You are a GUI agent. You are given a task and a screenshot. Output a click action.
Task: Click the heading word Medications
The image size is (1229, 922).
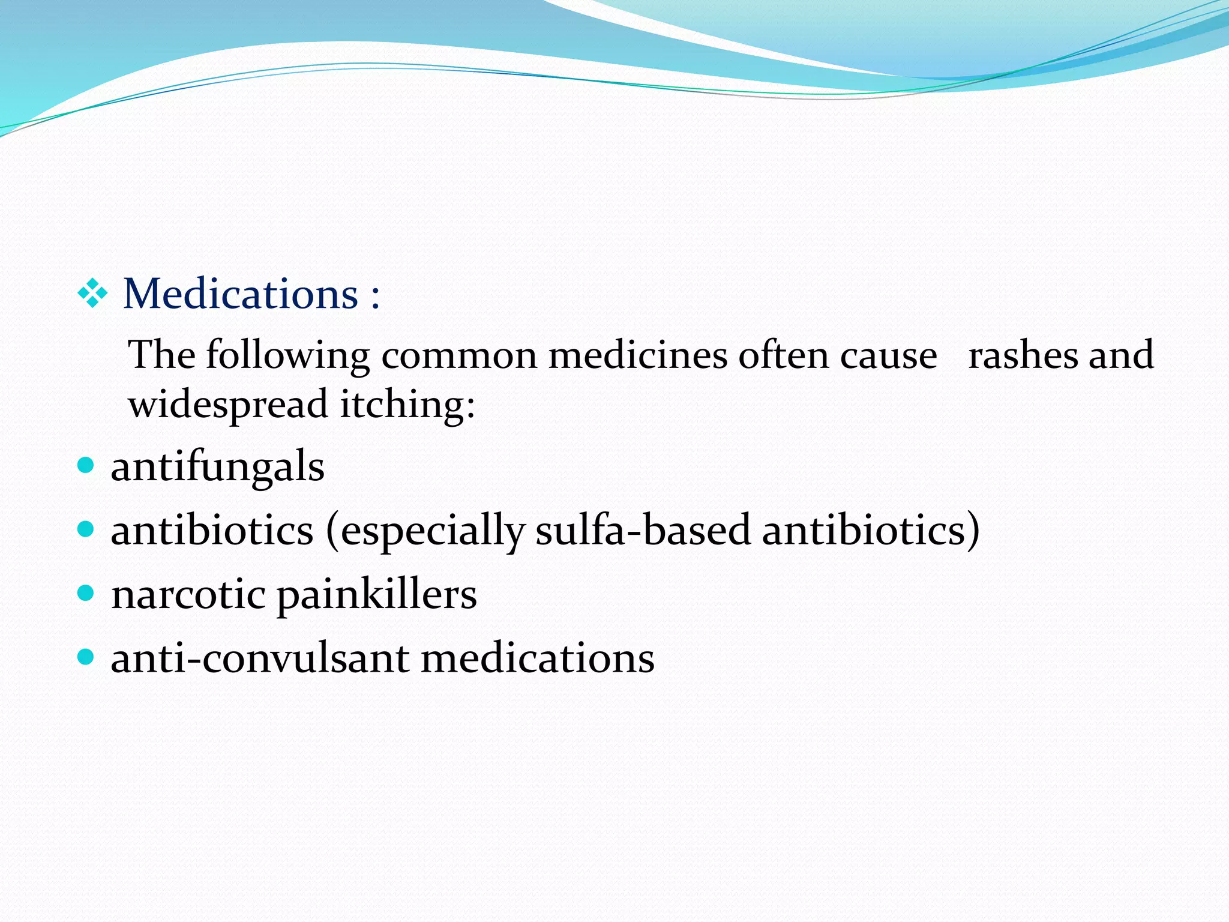click(241, 294)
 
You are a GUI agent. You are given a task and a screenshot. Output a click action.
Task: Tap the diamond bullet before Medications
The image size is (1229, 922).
click(93, 294)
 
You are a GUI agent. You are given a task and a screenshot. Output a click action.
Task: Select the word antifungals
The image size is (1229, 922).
click(217, 466)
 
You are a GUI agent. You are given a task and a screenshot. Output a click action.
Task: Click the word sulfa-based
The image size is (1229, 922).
click(643, 530)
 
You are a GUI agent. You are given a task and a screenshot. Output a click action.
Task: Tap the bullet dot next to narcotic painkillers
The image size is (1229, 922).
click(86, 593)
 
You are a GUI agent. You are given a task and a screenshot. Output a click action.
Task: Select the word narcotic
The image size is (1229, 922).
click(188, 595)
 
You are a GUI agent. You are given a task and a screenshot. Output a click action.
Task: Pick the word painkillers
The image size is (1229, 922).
click(376, 595)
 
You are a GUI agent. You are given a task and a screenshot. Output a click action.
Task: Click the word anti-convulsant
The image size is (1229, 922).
click(259, 658)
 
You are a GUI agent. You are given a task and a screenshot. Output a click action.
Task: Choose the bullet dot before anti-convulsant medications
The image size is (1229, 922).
click(86, 657)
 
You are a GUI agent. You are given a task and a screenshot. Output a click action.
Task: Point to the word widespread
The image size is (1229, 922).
click(228, 404)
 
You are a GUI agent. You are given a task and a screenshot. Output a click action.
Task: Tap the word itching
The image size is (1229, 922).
click(407, 404)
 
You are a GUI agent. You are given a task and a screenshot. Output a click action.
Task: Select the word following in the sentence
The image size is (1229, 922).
click(288, 356)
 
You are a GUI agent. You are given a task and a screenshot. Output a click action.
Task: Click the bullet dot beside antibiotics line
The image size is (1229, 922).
click(86, 529)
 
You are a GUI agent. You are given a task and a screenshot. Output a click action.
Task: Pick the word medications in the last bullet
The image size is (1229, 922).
click(537, 658)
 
